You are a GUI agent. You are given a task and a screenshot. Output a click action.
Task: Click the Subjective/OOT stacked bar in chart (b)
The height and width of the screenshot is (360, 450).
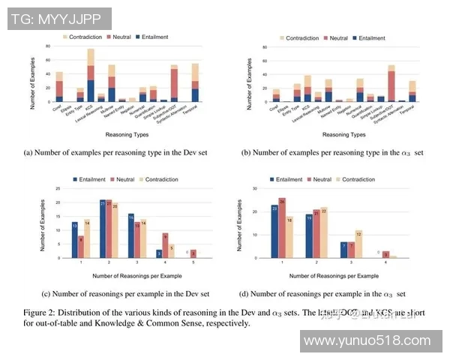pos(391,83)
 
